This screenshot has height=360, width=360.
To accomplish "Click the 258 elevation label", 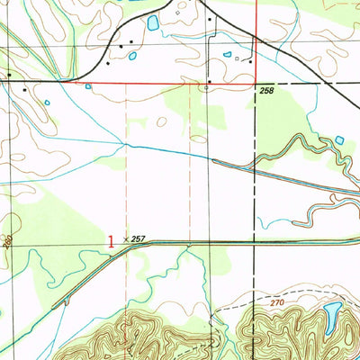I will (265, 93).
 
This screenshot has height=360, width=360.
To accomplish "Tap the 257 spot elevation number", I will (138, 239).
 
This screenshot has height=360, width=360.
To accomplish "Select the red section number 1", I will (111, 241).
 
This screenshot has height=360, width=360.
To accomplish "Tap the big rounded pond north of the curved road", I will (152, 22).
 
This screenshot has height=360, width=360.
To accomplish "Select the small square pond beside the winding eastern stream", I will (339, 139).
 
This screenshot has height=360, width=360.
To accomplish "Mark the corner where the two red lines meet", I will (255, 85).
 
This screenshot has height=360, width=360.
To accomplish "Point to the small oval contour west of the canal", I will (163, 122).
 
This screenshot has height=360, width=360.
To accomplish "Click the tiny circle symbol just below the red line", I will (208, 89).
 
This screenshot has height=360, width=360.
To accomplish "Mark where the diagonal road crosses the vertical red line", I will (255, 36).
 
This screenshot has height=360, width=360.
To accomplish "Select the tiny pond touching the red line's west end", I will (88, 86).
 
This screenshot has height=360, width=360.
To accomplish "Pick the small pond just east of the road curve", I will (133, 56).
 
